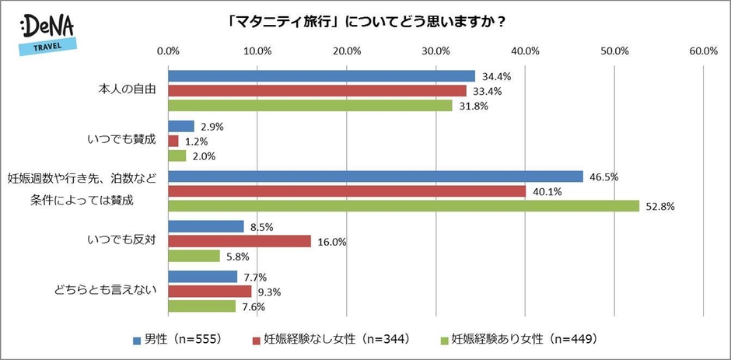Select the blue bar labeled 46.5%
376,177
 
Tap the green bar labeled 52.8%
404,205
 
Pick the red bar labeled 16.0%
240,241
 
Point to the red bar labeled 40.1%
347,191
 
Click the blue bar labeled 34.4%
321,76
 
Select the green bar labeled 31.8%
310,106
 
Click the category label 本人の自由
124,90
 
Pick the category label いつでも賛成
125,140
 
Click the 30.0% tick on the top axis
436,51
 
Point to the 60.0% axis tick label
703,51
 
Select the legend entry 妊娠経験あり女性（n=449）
523,339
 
